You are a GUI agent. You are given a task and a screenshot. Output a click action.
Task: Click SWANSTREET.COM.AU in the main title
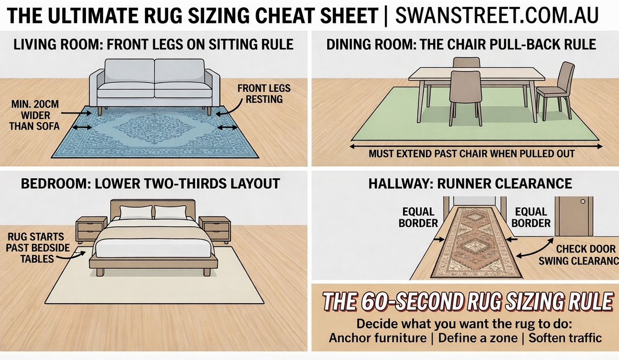496,15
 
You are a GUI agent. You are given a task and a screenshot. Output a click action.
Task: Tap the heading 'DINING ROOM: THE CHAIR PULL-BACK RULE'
461,45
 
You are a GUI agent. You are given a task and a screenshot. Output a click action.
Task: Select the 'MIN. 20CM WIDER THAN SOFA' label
34,116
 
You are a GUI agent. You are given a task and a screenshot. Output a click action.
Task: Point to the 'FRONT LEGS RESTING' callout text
264,94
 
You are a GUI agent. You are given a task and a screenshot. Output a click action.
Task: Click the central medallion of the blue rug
154,128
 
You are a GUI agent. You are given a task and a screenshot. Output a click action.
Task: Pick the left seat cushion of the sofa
126,89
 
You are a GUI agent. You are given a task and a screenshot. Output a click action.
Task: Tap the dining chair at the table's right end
555,91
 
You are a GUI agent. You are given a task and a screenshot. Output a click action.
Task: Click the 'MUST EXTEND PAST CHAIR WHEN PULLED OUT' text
472,154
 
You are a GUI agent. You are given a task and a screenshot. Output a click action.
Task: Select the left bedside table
91,230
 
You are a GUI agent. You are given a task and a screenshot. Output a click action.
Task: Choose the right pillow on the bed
170,212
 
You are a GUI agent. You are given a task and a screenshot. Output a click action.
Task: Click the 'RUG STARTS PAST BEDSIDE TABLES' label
38,248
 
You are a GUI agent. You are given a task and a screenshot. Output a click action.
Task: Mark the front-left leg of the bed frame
100,272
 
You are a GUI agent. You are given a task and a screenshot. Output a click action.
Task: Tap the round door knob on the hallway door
583,201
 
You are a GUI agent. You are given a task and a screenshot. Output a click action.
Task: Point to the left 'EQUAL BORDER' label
418,217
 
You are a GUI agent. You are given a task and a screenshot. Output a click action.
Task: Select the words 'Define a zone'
478,338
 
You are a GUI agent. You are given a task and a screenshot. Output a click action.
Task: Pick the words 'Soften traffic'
565,338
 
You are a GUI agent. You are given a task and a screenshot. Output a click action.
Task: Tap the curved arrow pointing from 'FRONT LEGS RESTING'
229,106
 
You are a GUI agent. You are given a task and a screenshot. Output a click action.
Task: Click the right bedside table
215,230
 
